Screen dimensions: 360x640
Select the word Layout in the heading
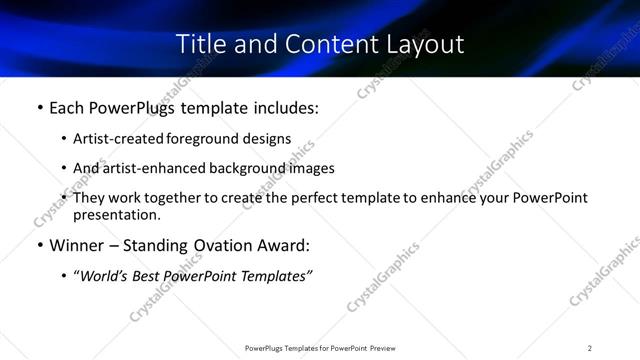(428, 44)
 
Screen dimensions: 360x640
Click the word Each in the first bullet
(67, 107)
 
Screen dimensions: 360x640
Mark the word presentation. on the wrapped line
(116, 214)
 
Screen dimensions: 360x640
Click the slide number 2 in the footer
(589, 348)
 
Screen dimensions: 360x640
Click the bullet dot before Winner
(39, 245)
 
